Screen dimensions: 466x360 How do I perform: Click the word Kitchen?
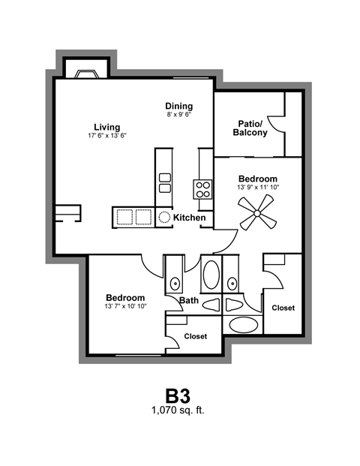point(190,218)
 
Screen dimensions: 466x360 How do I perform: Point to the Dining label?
point(179,106)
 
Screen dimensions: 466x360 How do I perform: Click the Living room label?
point(107,127)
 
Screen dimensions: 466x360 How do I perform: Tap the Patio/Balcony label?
point(250,128)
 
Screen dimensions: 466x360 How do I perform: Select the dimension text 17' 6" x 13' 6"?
point(107,137)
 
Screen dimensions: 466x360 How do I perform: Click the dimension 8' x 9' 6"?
point(179,116)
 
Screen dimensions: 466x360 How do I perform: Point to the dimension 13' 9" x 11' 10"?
point(258,188)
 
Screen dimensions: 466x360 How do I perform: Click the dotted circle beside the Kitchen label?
point(164,218)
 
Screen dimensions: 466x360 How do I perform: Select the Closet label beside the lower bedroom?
point(196,336)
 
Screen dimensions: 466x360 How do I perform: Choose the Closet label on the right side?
point(283,308)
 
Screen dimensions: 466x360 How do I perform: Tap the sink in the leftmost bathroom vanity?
point(174,283)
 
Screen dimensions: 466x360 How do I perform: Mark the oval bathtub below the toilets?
point(241,325)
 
